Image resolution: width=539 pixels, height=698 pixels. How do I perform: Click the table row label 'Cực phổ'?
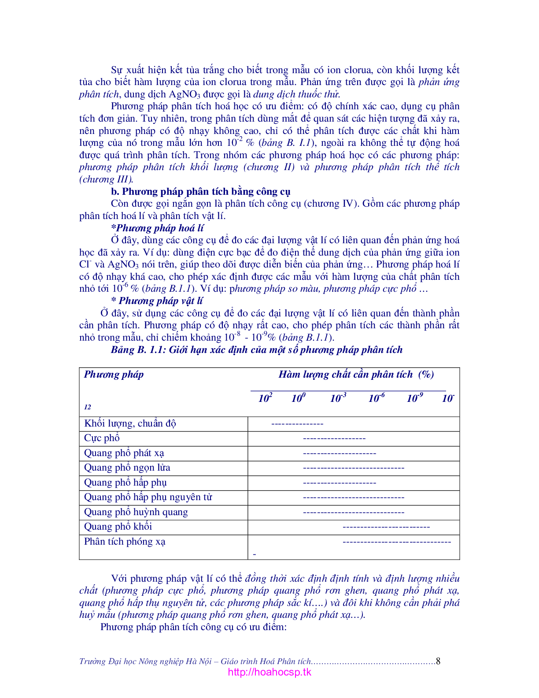[x=102, y=438]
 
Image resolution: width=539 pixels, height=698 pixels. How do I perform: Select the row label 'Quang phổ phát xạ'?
[x=124, y=453]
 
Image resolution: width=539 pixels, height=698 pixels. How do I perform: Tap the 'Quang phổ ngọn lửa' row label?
[x=127, y=468]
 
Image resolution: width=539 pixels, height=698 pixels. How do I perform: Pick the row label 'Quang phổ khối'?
[x=118, y=527]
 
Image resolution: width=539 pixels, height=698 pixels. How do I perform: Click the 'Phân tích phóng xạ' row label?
[x=125, y=542]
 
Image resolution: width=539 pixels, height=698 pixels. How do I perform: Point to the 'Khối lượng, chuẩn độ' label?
[x=130, y=423]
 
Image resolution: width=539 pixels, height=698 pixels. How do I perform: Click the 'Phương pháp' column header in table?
[x=114, y=375]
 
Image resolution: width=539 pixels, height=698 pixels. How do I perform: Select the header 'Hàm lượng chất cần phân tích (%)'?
[x=356, y=375]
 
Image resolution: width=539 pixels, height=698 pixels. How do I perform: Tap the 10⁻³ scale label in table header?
[x=338, y=398]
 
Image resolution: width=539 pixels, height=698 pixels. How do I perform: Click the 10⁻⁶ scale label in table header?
[x=376, y=398]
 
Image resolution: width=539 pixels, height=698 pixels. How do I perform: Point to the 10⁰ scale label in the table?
[x=298, y=398]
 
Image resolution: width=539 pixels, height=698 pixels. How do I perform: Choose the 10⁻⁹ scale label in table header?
[x=414, y=398]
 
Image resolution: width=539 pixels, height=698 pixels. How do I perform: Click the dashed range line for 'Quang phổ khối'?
[x=386, y=527]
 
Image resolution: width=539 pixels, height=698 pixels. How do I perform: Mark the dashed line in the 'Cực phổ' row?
[x=334, y=438]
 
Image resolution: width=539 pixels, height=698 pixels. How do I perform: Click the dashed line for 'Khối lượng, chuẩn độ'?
[x=297, y=424]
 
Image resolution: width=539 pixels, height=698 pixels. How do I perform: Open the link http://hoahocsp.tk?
[x=269, y=672]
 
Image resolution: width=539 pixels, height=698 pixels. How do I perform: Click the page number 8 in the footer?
[x=438, y=661]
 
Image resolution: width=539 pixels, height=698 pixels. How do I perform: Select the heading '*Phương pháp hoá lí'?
[x=157, y=228]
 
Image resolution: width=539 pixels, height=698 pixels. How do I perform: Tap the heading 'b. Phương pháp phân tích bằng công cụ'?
[x=200, y=192]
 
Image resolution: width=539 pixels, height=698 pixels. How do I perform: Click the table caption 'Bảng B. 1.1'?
[x=256, y=350]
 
